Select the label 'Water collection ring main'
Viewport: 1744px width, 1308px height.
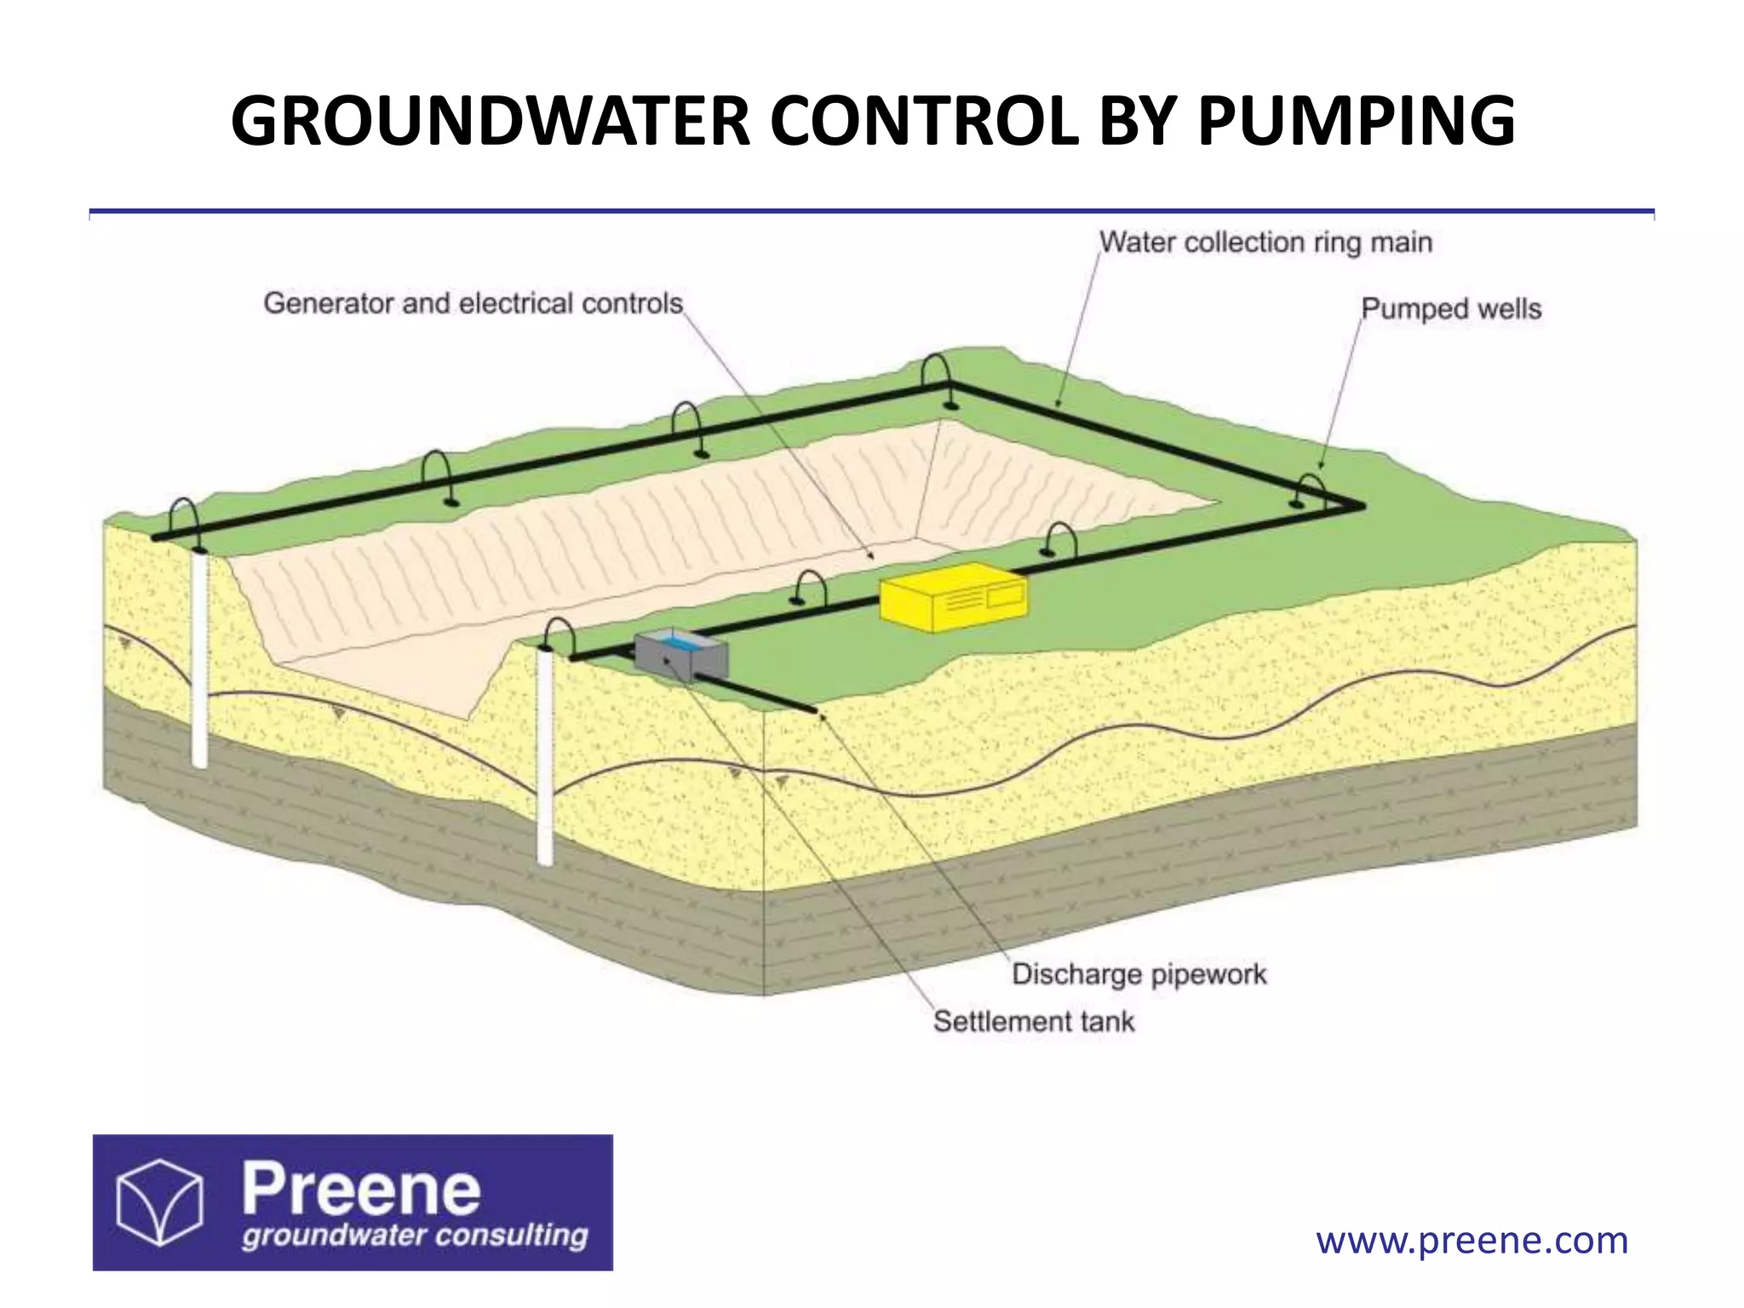tap(1265, 243)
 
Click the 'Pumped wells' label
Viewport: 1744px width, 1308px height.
tap(1451, 308)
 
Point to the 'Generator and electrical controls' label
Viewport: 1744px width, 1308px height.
tap(473, 303)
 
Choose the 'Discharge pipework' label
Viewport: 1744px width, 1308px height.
tap(1139, 974)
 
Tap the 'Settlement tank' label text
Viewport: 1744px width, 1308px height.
tap(1034, 1021)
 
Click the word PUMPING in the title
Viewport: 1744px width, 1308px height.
tap(1356, 121)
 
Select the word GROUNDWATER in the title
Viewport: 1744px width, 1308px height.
tap(490, 121)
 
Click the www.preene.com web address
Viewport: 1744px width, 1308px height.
tap(1471, 1241)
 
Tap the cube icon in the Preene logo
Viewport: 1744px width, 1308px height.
tap(159, 1202)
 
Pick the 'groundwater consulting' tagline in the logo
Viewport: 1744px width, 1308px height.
tap(415, 1236)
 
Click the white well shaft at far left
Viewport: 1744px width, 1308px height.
tap(199, 656)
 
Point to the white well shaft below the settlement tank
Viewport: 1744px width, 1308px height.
tap(545, 758)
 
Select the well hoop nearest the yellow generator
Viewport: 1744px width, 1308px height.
tap(1061, 541)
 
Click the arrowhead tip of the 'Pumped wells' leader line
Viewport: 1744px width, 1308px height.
tap(1321, 468)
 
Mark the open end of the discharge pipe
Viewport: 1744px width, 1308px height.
tap(812, 708)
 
